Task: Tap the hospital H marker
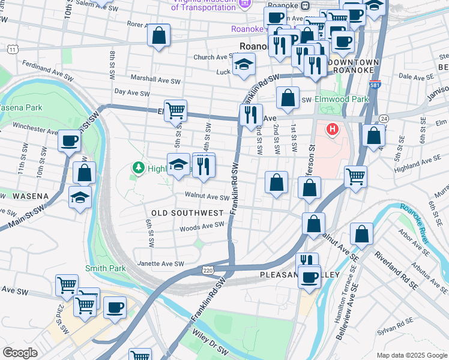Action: pos(332,129)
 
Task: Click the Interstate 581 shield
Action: pos(375,85)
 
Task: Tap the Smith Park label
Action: pos(106,268)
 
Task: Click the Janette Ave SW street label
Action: pos(161,263)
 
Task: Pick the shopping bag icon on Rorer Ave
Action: pos(159,36)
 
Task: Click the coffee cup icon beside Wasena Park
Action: pos(69,141)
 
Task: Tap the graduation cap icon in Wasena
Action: pos(80,197)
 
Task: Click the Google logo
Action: pos(19,353)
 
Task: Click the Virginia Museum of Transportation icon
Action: pos(244,5)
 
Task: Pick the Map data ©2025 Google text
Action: pos(412,355)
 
